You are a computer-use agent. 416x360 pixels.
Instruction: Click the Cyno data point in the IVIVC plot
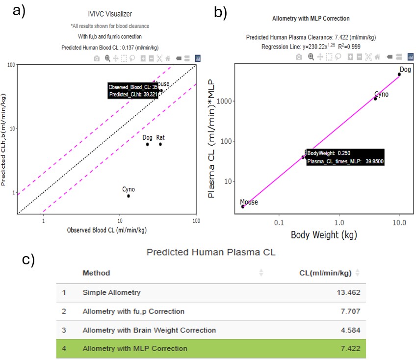point(129,196)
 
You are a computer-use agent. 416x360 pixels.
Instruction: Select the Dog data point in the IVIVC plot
point(147,144)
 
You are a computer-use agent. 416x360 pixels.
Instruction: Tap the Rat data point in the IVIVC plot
point(160,144)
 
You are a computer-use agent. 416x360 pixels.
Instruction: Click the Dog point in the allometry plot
point(399,75)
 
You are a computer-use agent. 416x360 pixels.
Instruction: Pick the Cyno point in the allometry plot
point(375,99)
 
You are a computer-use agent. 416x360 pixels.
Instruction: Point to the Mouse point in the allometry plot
point(243,206)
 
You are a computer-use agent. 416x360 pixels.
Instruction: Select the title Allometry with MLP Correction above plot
point(311,19)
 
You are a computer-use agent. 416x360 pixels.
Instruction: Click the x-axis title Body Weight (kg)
point(324,234)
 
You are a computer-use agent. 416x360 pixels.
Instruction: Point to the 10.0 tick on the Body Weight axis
point(399,222)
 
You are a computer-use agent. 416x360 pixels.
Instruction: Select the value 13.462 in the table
point(348,293)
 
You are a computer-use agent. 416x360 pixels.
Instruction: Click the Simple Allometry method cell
point(111,293)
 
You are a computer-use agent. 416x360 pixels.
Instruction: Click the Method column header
point(96,273)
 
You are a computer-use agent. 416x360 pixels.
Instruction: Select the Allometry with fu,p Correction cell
point(133,311)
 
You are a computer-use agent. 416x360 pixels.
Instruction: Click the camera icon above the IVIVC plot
point(97,58)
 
